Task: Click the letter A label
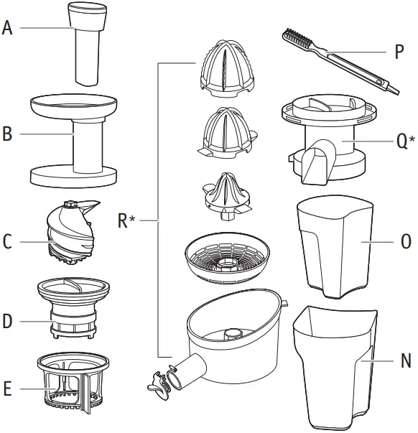(8, 29)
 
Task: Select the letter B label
(8, 134)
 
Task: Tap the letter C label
(8, 242)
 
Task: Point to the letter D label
(8, 321)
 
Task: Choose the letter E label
(8, 390)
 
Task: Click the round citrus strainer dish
(225, 256)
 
